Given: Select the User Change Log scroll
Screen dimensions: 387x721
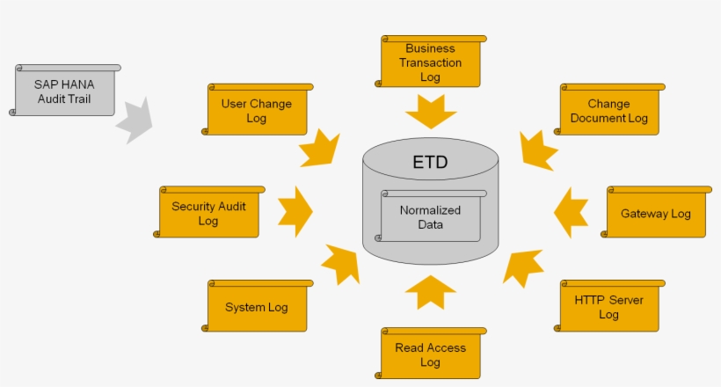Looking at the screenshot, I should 258,110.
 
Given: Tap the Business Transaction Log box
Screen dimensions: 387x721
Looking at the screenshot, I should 431,62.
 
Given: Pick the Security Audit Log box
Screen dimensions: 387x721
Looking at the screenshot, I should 209,212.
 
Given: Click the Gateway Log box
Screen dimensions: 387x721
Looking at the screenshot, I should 656,212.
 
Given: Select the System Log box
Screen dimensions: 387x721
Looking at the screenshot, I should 258,306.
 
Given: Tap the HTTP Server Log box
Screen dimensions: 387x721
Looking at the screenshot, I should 609,306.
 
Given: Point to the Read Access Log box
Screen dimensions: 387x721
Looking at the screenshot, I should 431,354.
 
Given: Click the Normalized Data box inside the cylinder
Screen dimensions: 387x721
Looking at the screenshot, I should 431,216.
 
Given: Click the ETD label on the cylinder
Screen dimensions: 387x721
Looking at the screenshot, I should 430,163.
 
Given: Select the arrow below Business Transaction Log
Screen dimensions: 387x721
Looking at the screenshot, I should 431,112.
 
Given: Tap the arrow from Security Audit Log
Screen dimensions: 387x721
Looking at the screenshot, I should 295,211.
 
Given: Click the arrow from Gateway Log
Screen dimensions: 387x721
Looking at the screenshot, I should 572,212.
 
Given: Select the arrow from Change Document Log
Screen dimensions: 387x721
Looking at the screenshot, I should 537,150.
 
